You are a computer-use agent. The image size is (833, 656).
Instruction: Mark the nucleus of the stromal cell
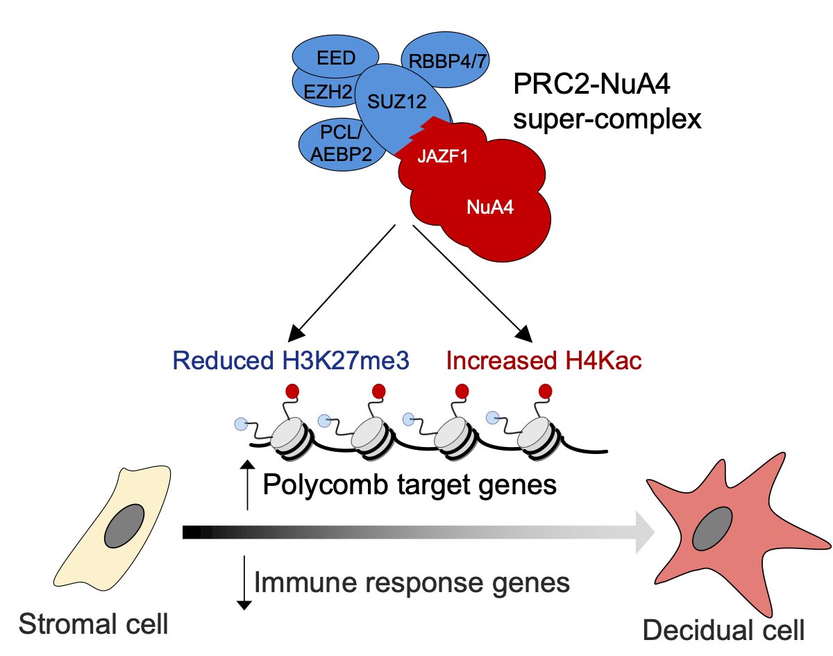(x=124, y=525)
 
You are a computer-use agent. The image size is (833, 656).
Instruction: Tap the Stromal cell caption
(x=94, y=623)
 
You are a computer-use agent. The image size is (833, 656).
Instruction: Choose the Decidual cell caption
(x=723, y=630)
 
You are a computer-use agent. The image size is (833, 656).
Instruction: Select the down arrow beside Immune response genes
(x=243, y=582)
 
